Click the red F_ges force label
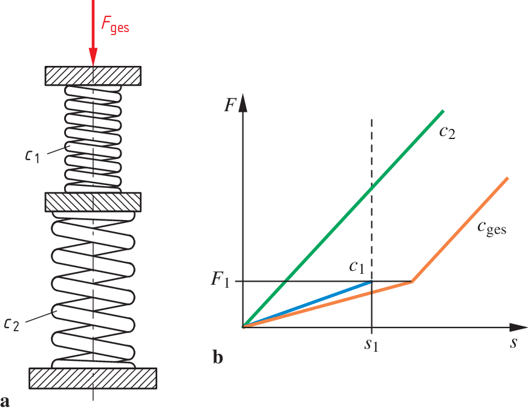(114, 27)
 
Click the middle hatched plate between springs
(93, 201)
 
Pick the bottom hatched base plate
(93, 378)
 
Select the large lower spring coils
(93, 290)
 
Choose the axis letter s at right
(513, 343)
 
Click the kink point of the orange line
(411, 282)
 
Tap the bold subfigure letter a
(6, 401)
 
